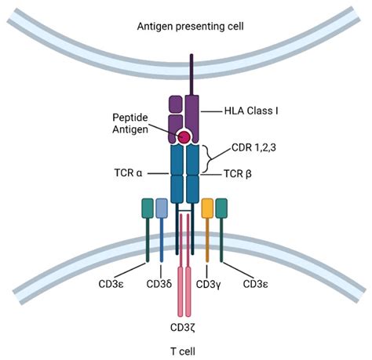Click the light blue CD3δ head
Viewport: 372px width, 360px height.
point(162,208)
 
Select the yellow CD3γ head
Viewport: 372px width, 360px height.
point(208,208)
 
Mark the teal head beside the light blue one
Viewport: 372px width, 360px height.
point(148,208)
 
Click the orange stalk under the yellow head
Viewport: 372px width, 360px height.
point(208,239)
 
